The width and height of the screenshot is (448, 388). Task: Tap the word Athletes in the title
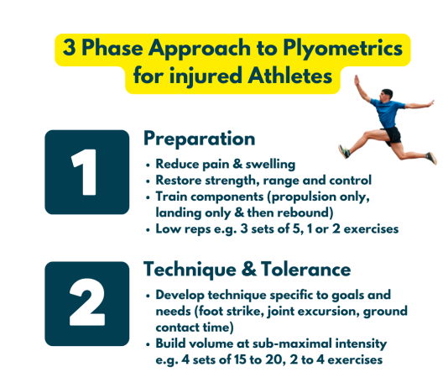pos(289,76)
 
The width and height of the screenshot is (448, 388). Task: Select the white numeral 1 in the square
pos(84,172)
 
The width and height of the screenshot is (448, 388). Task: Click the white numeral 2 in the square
pos(87,302)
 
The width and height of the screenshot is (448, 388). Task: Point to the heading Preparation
pos(199,139)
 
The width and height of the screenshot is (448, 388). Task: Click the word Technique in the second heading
pos(190,270)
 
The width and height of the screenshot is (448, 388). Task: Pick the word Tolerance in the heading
pos(305,270)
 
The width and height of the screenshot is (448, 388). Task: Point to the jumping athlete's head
pos(386,95)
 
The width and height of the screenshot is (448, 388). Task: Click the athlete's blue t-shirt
pos(388,113)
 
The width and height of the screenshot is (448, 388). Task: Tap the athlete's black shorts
pos(393,135)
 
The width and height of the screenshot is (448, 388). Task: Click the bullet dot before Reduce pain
pos(148,165)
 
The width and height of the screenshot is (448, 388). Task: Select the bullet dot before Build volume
pos(148,344)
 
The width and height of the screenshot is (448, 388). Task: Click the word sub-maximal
pos(292,343)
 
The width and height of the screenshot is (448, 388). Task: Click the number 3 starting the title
pos(69,47)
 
